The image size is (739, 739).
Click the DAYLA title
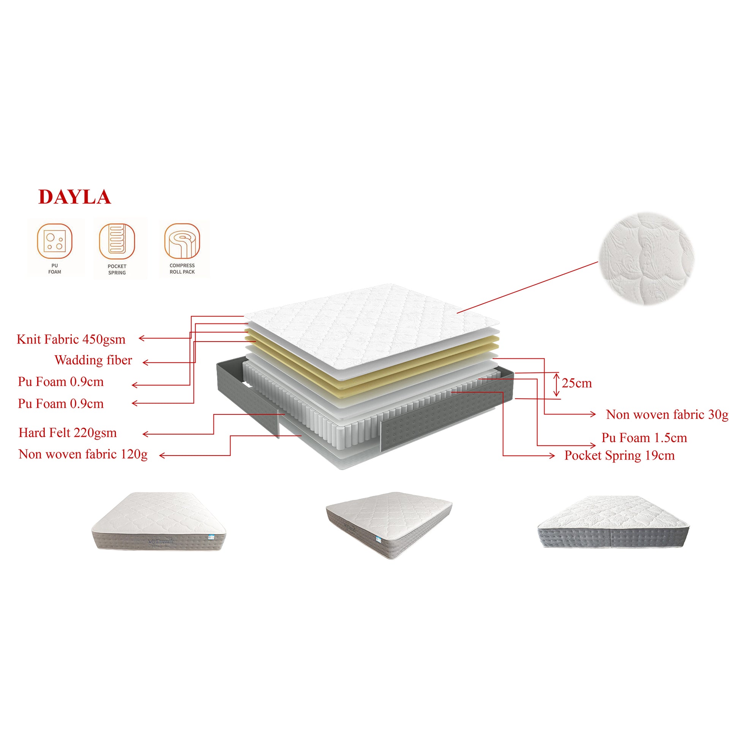74,197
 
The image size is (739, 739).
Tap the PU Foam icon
55,241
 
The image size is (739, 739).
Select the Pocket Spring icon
117,241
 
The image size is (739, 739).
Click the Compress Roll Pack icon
182,241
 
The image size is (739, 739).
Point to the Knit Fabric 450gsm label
71,339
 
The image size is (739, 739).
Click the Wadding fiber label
93,360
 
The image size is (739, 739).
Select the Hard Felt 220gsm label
68,433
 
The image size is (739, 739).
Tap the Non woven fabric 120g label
83,454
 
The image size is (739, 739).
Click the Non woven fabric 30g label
667,414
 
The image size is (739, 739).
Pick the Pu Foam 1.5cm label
644,438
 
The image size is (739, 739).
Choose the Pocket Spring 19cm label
620,455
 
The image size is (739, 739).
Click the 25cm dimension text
577,383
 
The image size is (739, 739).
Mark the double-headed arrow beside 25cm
557,385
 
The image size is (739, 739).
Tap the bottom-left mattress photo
158,522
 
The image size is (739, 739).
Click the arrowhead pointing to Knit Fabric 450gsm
141,338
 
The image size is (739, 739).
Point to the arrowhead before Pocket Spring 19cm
551,455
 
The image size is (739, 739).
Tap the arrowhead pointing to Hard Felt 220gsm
145,434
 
